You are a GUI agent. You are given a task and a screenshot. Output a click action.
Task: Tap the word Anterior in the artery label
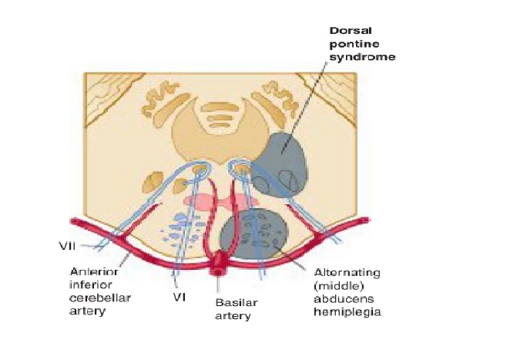(93, 271)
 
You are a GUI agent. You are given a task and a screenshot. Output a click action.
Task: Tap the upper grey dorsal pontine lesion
(284, 162)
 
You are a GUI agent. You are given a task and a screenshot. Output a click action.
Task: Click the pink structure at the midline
(217, 203)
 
